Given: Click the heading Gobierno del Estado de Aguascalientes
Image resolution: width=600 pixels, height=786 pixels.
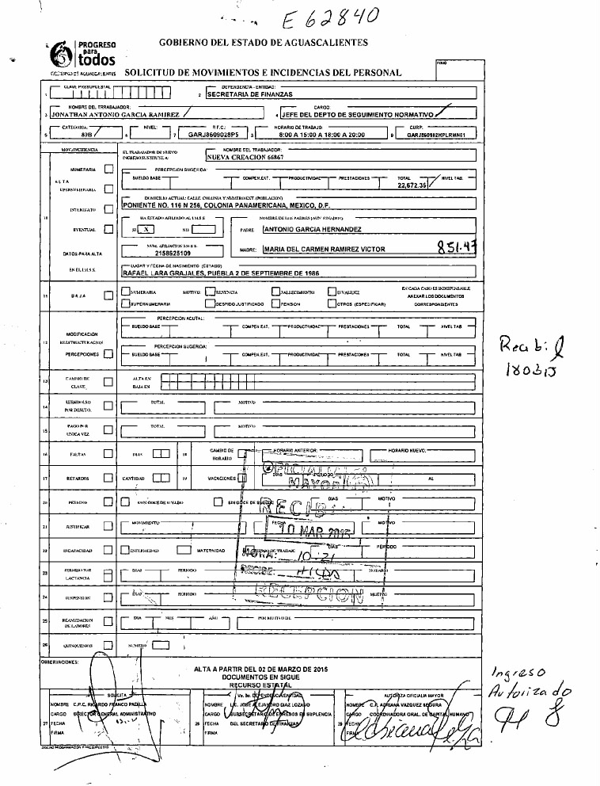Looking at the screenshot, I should (x=264, y=41).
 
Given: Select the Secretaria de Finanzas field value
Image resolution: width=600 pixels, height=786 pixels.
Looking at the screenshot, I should (x=250, y=93).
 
